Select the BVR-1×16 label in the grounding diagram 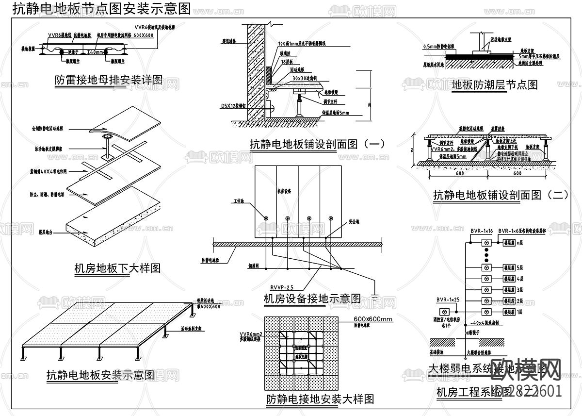[x=481, y=231]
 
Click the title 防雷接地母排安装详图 [x=109, y=80]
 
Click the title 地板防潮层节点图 [x=494, y=85]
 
